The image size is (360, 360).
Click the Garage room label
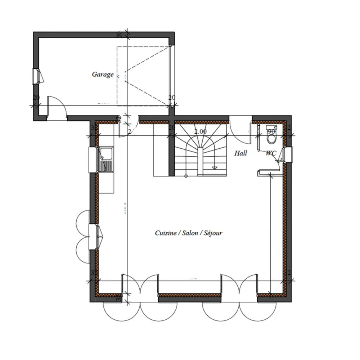point(103,75)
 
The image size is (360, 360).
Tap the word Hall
point(240,153)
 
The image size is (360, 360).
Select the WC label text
point(271,153)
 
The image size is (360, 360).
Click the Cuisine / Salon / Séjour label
point(189,233)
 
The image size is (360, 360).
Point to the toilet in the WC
point(271,135)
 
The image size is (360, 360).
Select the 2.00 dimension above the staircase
point(200,131)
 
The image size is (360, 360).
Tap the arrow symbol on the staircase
point(215,167)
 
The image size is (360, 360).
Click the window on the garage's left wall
point(37,76)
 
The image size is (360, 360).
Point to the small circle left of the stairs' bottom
point(186,176)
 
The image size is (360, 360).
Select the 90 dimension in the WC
point(271,131)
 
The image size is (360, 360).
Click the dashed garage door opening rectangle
point(143,76)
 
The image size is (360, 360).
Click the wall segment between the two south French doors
point(189,296)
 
